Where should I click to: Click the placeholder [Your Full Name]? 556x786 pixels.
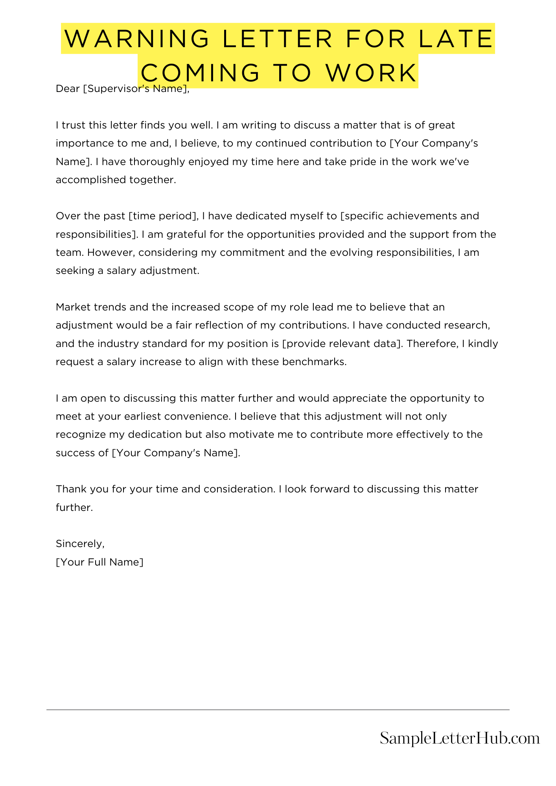tap(99, 562)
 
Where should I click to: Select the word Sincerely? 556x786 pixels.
tap(80, 544)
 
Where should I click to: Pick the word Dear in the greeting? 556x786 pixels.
tap(68, 89)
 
